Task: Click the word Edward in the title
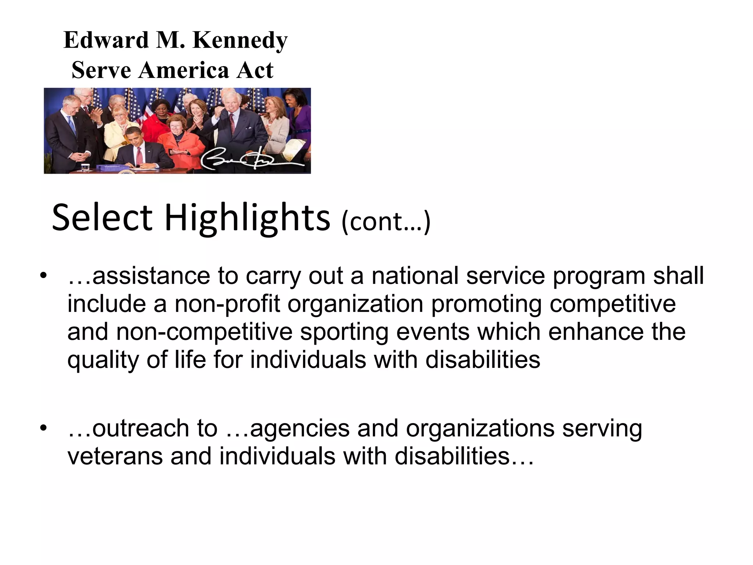(106, 40)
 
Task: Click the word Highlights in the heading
(247, 218)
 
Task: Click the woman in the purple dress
(298, 118)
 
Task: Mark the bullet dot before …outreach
(44, 428)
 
